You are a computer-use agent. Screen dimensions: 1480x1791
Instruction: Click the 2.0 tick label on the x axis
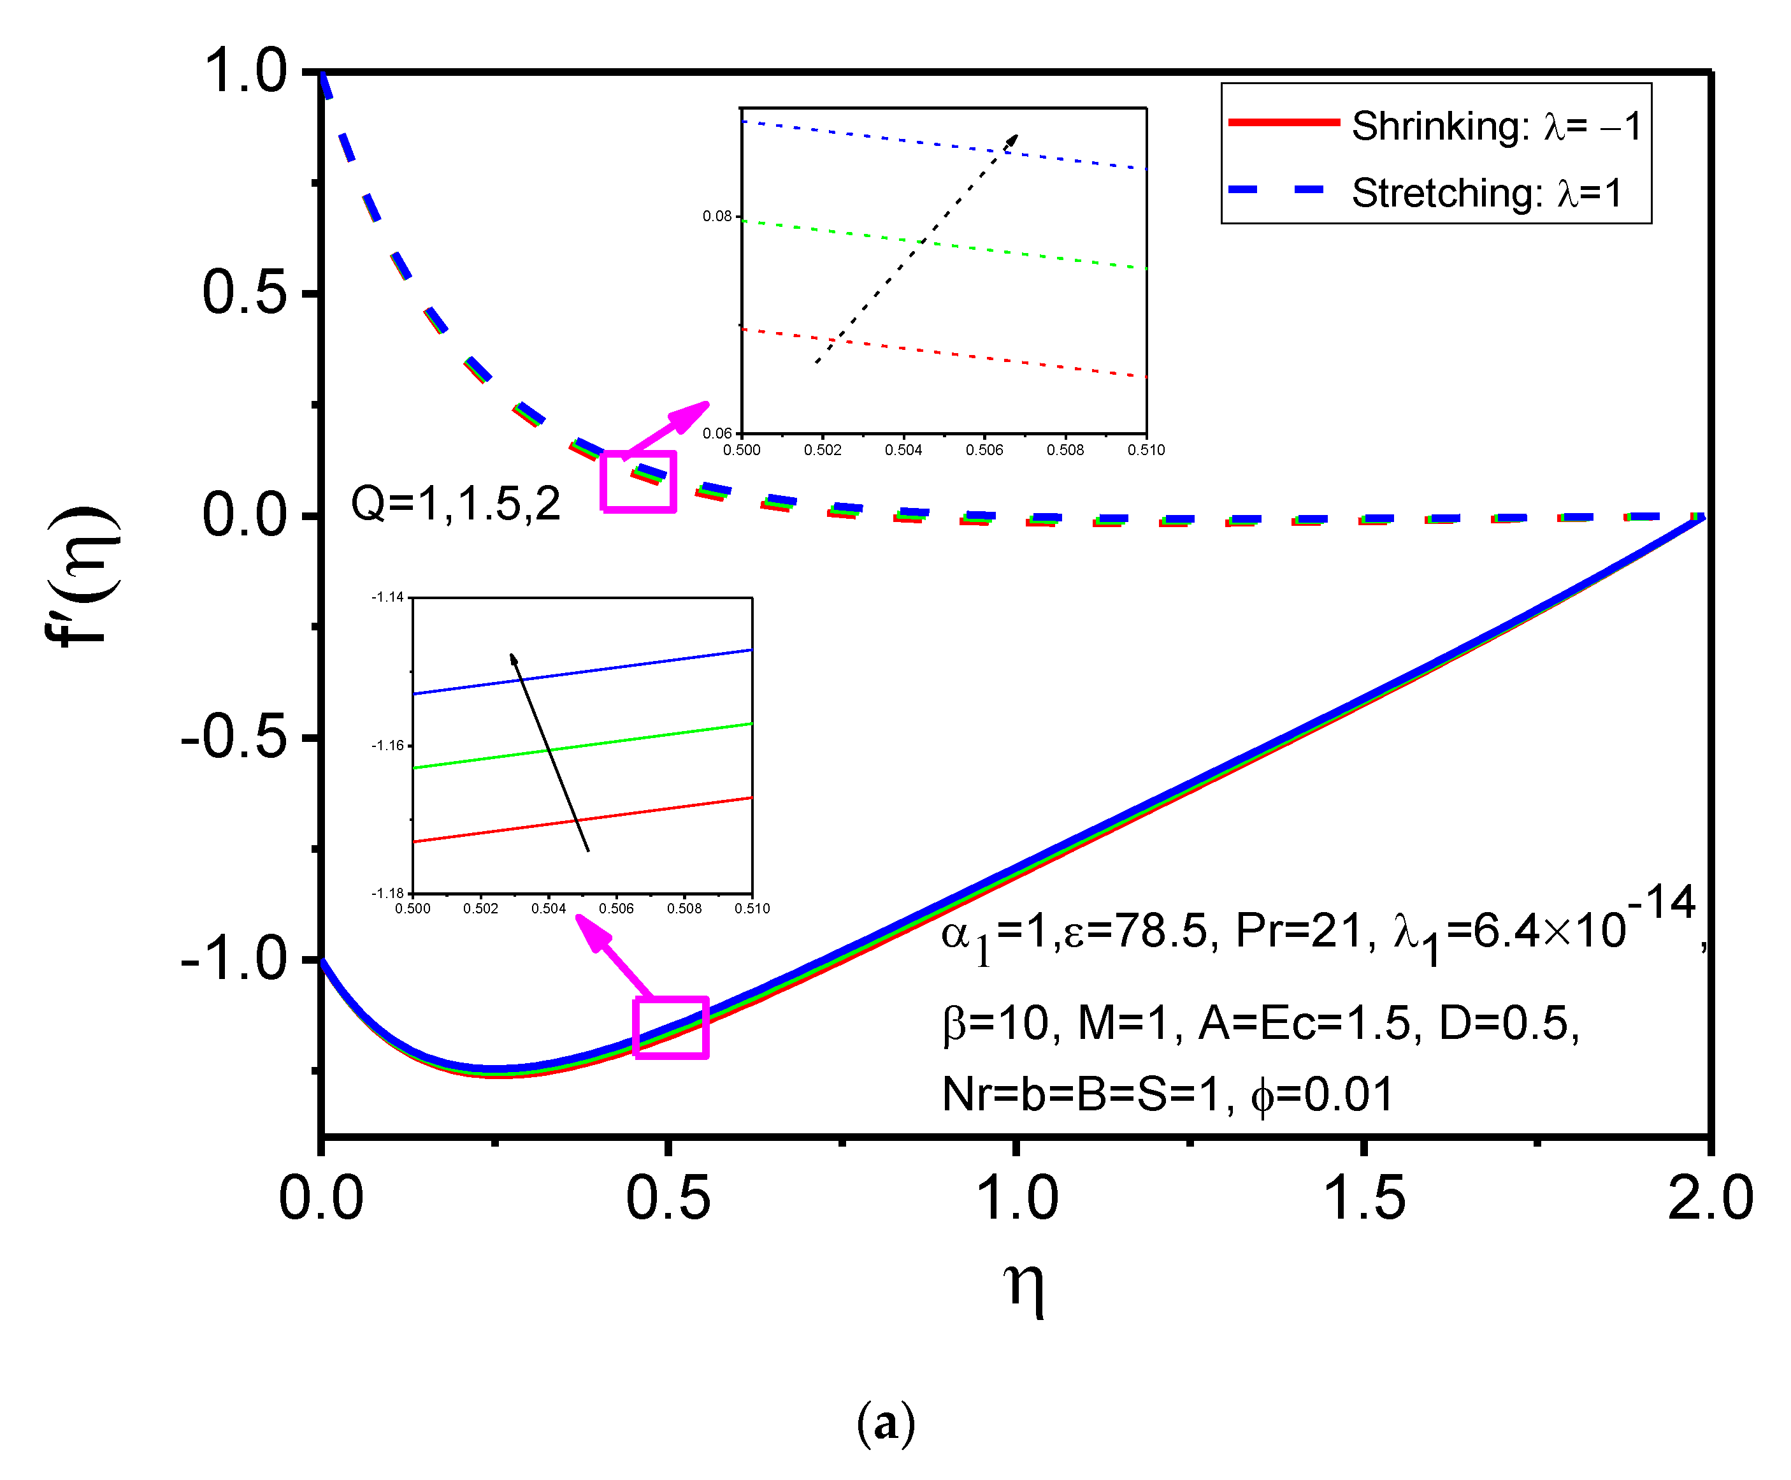point(1708,1198)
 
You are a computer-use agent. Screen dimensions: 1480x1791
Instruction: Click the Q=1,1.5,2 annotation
point(455,503)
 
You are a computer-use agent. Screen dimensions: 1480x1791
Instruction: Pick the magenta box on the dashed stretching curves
point(638,482)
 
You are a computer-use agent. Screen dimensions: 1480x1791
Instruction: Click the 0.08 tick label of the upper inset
point(717,217)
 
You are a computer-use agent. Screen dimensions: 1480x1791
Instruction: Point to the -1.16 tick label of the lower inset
point(387,745)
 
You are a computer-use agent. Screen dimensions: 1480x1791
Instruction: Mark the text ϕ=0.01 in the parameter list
point(1321,1094)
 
